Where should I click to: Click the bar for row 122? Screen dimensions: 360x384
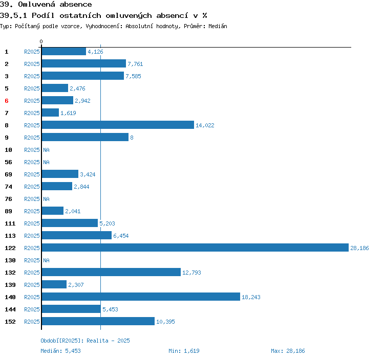coord(195,247)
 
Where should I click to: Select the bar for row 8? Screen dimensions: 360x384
coord(118,125)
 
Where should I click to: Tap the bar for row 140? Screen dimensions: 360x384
coord(141,297)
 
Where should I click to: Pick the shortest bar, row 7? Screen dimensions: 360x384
coord(50,112)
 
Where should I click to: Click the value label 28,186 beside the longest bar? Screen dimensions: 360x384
coord(359,248)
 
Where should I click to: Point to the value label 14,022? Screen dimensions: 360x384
coord(205,125)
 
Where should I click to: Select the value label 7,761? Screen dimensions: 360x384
coord(135,64)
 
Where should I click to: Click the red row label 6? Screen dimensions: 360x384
coord(7,101)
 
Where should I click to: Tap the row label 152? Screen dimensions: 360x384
coord(10,322)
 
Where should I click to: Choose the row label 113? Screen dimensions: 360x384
coord(10,236)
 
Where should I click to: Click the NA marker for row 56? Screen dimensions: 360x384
coord(46,162)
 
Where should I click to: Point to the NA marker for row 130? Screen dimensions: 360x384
coord(46,260)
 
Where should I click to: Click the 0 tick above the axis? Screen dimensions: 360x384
coord(41,41)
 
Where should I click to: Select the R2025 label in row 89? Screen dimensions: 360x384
coord(32,211)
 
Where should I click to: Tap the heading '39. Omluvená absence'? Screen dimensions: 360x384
coord(46,5)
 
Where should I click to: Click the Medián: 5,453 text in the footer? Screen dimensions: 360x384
coord(60,351)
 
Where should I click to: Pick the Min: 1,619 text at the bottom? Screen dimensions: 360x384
coord(184,351)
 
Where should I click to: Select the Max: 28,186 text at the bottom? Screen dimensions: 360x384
coord(288,351)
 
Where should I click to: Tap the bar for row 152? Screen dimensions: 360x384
coord(98,321)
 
